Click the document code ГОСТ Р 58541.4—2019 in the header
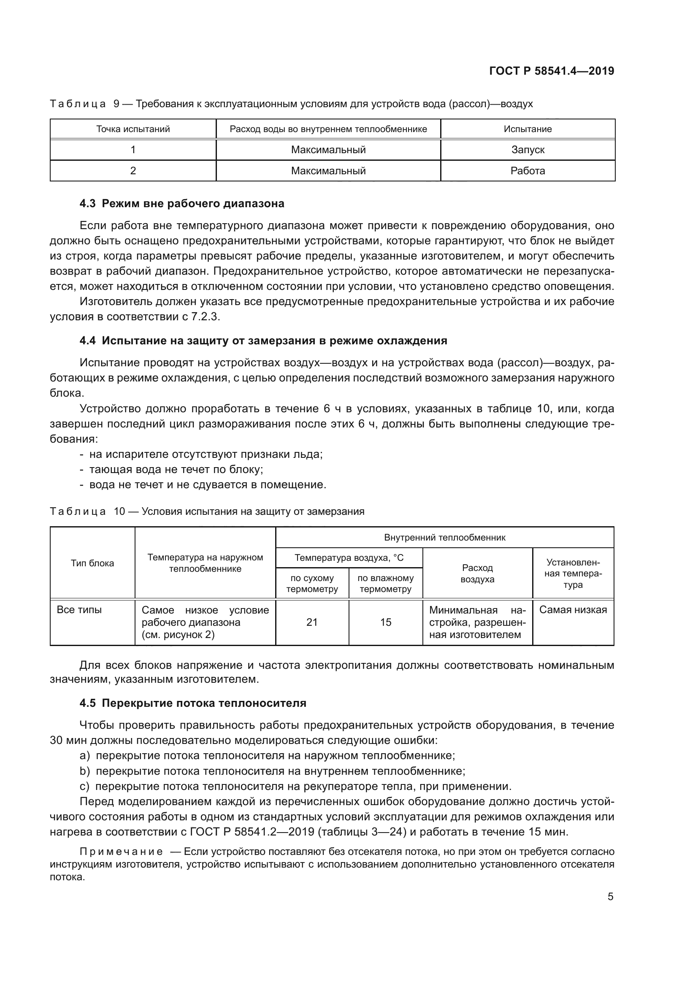pyautogui.click(x=552, y=71)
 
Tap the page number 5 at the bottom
pyautogui.click(x=610, y=897)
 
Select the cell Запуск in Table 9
pyautogui.click(x=528, y=150)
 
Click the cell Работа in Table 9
pyautogui.click(x=528, y=170)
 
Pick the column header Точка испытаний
pyautogui.click(x=133, y=129)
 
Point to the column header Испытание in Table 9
pyautogui.click(x=528, y=129)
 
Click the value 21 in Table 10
pyautogui.click(x=311, y=622)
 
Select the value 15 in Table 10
pyautogui.click(x=386, y=622)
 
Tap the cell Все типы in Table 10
pyautogui.click(x=79, y=610)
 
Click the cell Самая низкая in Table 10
pyautogui.click(x=573, y=610)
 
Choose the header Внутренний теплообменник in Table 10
pyautogui.click(x=444, y=537)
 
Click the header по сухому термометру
pyautogui.click(x=311, y=583)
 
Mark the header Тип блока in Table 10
pyautogui.click(x=92, y=563)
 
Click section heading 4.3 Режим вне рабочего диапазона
pyautogui.click(x=182, y=203)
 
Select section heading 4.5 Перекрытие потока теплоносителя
pyautogui.click(x=192, y=703)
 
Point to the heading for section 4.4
pyautogui.click(x=263, y=341)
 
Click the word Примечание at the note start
pyautogui.click(x=121, y=852)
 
